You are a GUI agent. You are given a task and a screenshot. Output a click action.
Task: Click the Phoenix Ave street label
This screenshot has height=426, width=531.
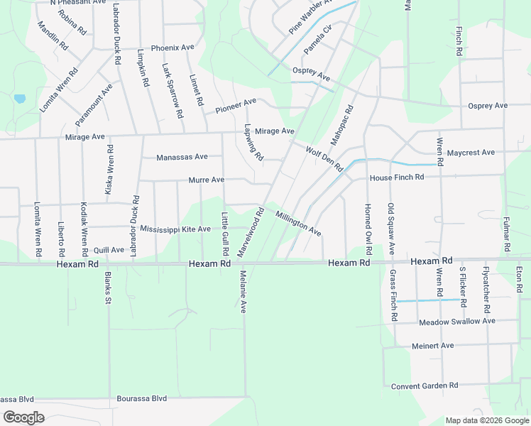173,48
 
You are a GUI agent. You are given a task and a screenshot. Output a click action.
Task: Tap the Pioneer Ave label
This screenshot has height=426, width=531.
236,106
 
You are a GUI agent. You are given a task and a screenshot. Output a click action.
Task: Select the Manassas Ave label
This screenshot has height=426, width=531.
182,157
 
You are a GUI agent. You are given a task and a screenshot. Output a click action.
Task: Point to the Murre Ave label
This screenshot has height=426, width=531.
207,180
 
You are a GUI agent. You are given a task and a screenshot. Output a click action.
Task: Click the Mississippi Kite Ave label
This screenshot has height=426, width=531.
175,229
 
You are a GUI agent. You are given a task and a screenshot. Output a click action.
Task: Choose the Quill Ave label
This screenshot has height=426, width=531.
109,250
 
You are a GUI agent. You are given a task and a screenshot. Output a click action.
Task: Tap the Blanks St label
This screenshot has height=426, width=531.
109,288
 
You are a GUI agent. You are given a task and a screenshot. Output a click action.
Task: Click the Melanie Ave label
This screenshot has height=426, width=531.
242,291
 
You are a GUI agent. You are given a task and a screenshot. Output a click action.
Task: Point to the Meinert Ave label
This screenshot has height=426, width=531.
432,346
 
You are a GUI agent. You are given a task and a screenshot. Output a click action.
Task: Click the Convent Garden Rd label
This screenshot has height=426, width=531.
425,386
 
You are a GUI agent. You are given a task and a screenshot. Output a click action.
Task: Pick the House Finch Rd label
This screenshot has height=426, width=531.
396,177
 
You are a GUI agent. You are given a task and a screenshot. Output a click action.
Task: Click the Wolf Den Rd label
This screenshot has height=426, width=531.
324,158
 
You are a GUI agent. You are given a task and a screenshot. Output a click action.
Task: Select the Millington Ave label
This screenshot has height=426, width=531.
298,223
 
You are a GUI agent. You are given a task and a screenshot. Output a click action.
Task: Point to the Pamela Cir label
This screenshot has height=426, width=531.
318,40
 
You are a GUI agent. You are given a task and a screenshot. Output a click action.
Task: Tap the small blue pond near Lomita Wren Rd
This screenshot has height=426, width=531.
19,99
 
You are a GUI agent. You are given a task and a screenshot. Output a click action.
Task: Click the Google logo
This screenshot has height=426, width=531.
23,417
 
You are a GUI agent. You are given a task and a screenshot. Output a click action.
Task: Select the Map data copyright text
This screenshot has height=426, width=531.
486,420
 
